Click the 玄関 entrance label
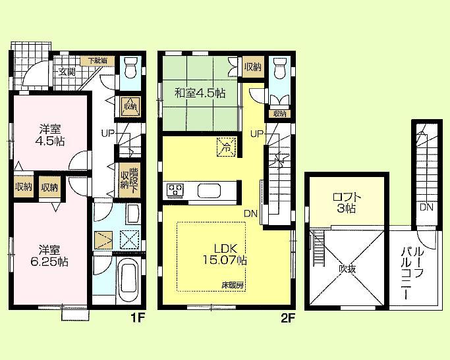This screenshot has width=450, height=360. [67, 72]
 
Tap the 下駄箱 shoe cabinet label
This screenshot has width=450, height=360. [100, 61]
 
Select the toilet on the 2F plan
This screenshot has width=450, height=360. [279, 67]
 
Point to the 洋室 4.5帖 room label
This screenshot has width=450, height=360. [50, 135]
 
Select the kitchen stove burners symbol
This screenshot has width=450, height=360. [176, 191]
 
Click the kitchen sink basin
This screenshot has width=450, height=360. [211, 192]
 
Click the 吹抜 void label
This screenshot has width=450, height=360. [348, 269]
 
